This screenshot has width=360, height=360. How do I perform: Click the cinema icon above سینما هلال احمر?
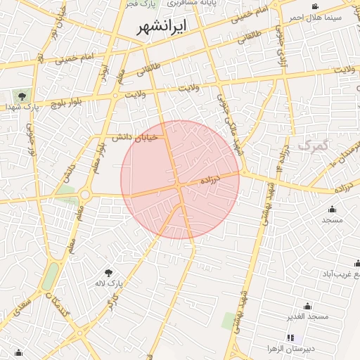[315, 6]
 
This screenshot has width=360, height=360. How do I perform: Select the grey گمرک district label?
[314, 145]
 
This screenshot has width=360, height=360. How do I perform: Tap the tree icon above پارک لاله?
[108, 272]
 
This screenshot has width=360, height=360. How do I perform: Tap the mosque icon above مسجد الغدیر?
[307, 306]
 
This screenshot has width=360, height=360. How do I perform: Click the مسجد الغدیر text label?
[307, 317]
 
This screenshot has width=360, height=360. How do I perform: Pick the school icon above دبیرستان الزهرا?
[290, 338]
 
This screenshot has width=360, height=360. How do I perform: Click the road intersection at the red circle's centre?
[181, 185]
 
